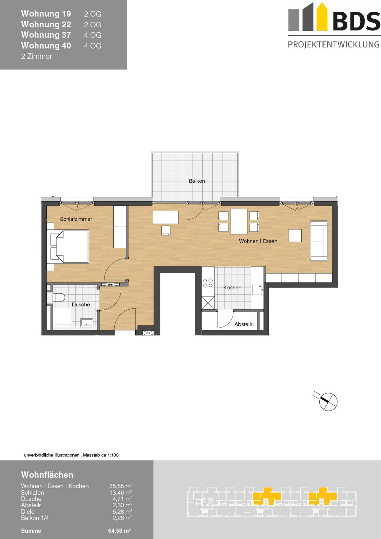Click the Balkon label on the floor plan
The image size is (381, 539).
click(x=197, y=181)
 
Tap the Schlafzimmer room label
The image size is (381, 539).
click(x=76, y=219)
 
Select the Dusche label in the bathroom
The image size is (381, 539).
click(x=81, y=305)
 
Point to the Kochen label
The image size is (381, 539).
click(x=232, y=287)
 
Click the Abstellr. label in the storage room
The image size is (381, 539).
click(x=244, y=324)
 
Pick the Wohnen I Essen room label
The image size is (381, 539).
click(x=258, y=241)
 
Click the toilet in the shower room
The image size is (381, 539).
click(x=58, y=297)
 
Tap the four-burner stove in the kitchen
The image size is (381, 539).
click(x=208, y=283)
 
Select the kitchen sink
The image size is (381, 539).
click(x=257, y=290)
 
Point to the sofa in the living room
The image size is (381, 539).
click(x=319, y=240)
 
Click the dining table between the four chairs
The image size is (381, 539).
click(x=239, y=221)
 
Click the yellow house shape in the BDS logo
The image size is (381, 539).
click(x=322, y=17)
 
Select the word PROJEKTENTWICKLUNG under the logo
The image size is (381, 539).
click(x=334, y=44)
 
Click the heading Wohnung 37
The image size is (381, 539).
click(x=46, y=35)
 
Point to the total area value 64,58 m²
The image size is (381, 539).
click(x=119, y=530)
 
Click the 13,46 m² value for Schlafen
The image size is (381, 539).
click(x=121, y=493)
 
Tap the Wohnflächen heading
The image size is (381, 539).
click(x=47, y=475)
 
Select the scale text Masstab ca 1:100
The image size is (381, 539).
click(x=101, y=455)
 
